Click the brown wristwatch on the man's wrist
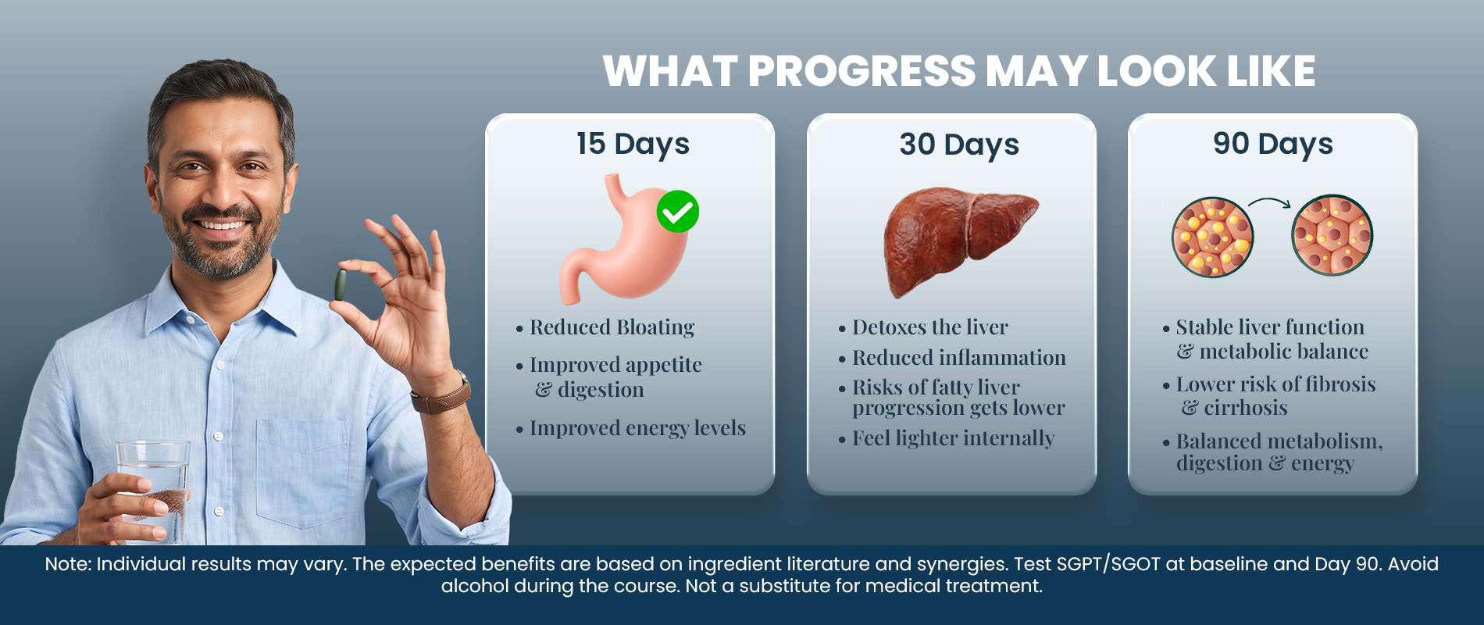pyautogui.click(x=442, y=394)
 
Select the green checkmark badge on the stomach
pyautogui.click(x=677, y=212)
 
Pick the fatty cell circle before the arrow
pyautogui.click(x=1212, y=237)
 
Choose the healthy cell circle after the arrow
pyautogui.click(x=1332, y=235)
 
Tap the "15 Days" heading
pyautogui.click(x=633, y=145)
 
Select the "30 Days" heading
pyautogui.click(x=959, y=145)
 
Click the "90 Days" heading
pyautogui.click(x=1273, y=144)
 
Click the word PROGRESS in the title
pyautogui.click(x=862, y=71)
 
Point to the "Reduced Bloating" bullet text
pyautogui.click(x=612, y=327)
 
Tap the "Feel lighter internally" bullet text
pyautogui.click(x=953, y=438)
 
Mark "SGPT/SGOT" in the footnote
pyautogui.click(x=1108, y=565)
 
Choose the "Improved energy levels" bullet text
pyautogui.click(x=637, y=429)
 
